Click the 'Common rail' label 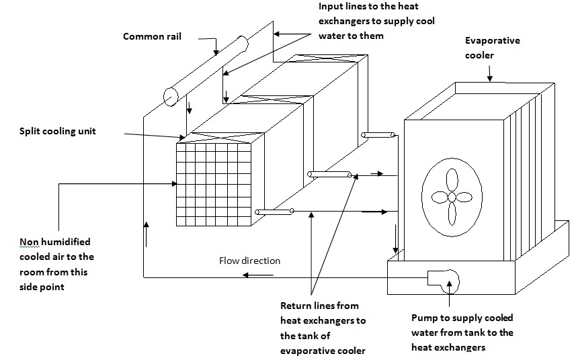[153, 36]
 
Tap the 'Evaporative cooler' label [493, 48]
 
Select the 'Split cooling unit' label [57, 131]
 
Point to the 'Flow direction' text [249, 261]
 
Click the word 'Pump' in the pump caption [424, 318]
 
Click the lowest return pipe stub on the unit [274, 212]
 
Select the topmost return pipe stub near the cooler [378, 136]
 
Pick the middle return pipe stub [329, 175]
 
